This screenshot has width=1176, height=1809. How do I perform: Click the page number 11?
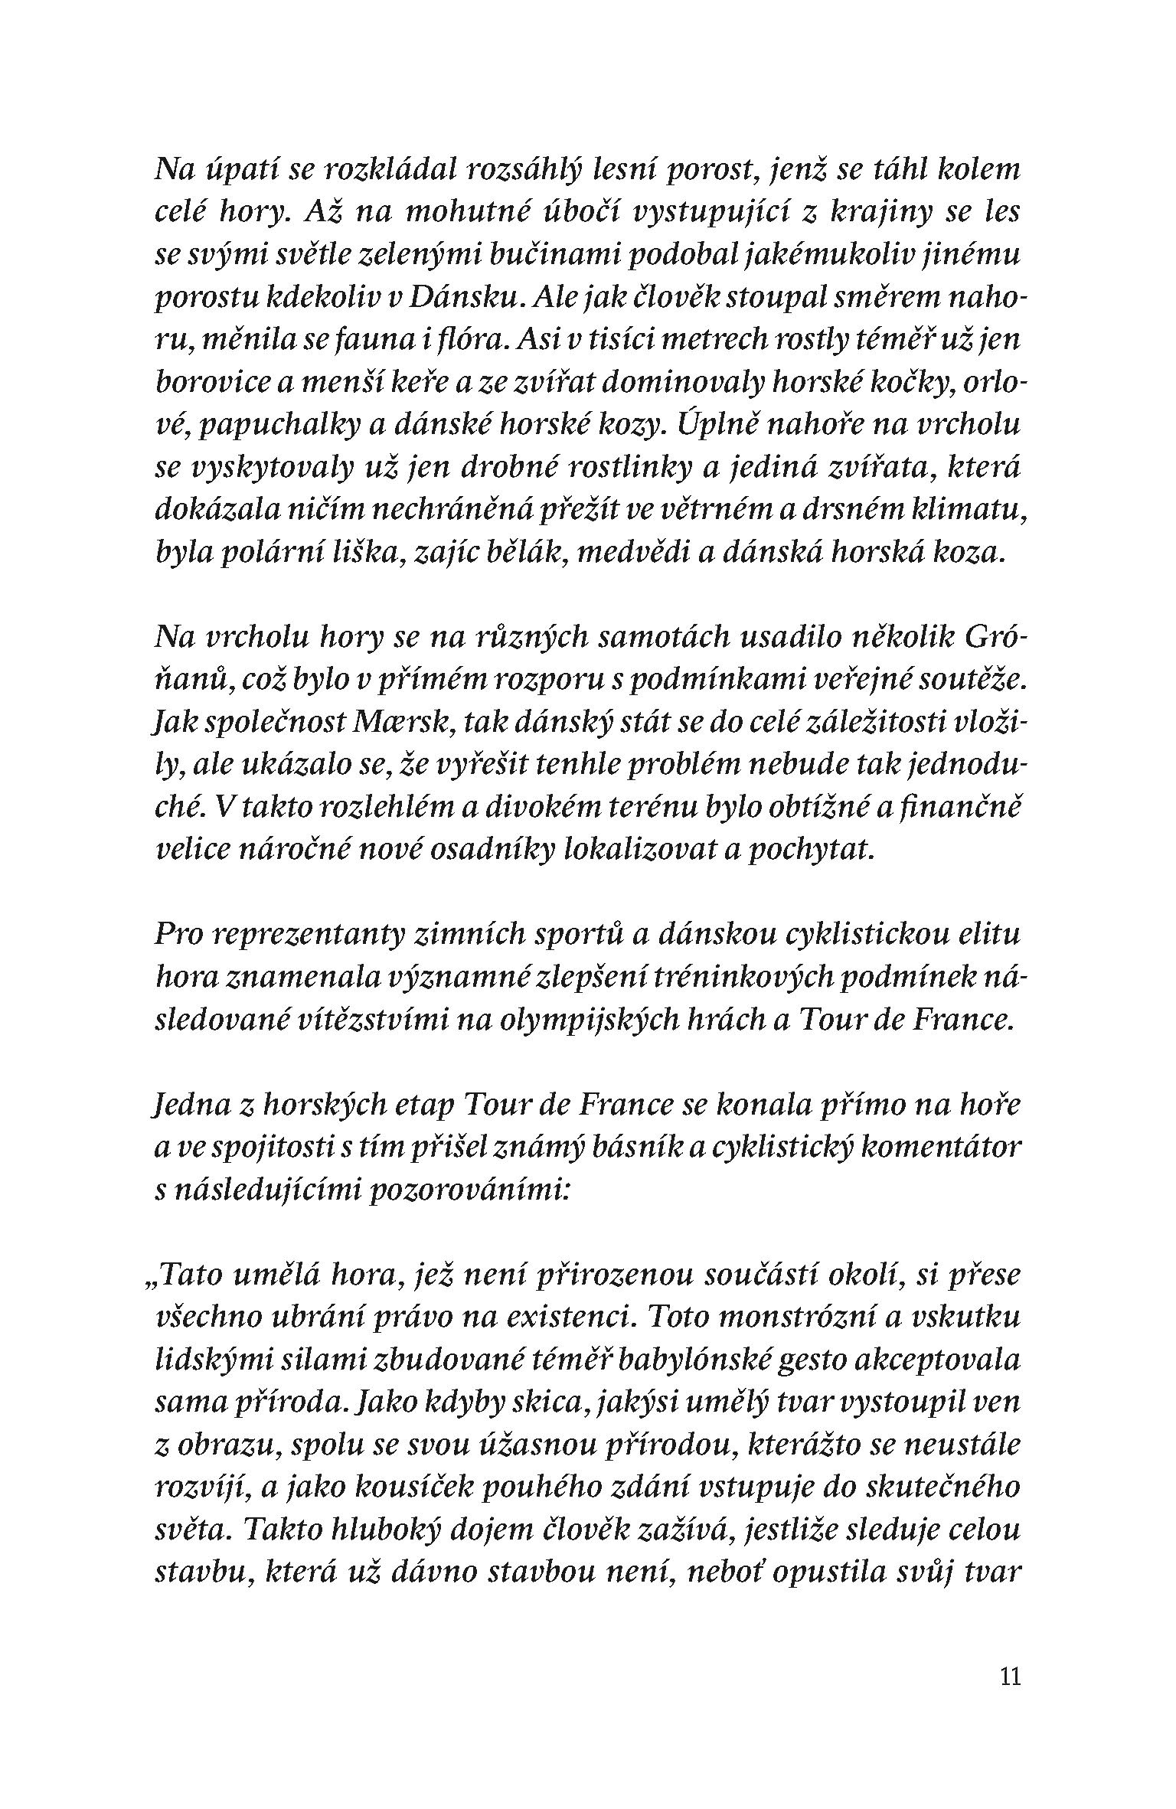pos(1010,1677)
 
